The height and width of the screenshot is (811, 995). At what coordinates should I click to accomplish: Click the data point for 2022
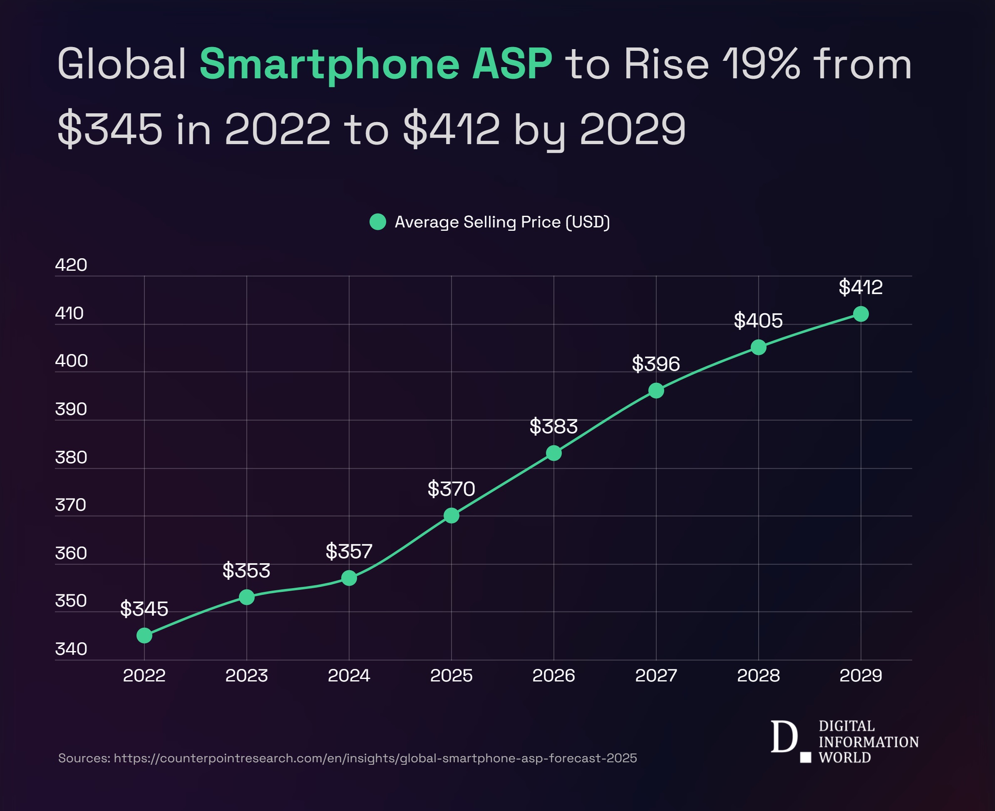pyautogui.click(x=144, y=635)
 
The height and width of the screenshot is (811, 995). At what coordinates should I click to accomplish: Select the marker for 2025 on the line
pyautogui.click(x=451, y=515)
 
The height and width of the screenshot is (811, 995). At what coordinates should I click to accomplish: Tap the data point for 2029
pyautogui.click(x=861, y=314)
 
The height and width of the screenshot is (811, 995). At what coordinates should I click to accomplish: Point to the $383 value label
pyautogui.click(x=553, y=426)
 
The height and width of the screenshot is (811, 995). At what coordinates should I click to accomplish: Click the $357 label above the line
pyautogui.click(x=349, y=551)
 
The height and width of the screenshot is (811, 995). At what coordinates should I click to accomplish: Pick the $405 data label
pyautogui.click(x=758, y=320)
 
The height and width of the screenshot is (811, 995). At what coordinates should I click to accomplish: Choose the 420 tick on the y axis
pyautogui.click(x=71, y=265)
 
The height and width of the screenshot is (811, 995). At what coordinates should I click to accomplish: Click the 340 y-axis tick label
pyautogui.click(x=71, y=649)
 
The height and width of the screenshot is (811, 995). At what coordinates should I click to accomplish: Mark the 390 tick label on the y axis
pyautogui.click(x=71, y=409)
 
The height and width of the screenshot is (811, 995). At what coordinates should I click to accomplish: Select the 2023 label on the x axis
pyautogui.click(x=246, y=676)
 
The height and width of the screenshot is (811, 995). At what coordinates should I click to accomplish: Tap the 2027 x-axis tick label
pyautogui.click(x=656, y=676)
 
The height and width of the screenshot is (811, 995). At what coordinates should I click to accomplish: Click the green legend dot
pyautogui.click(x=377, y=222)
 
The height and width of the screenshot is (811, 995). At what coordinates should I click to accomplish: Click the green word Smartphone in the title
pyautogui.click(x=330, y=64)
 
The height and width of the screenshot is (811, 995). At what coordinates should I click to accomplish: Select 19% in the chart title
pyautogui.click(x=761, y=64)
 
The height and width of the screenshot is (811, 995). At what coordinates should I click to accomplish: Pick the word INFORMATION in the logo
pyautogui.click(x=868, y=742)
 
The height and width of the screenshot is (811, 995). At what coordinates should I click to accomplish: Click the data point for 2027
pyautogui.click(x=656, y=391)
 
